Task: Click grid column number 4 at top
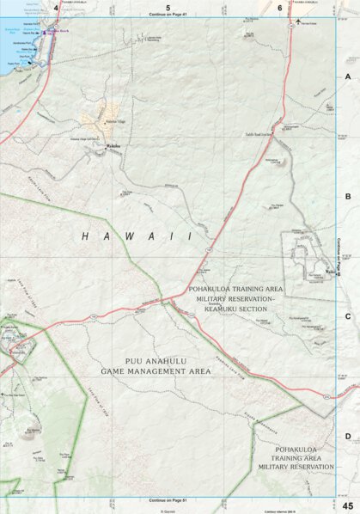click(x=57, y=7)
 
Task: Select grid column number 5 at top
click(x=168, y=7)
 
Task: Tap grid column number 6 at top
click(x=280, y=7)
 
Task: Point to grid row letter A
click(x=348, y=76)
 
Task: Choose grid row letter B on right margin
click(x=348, y=197)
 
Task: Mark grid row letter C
click(x=348, y=316)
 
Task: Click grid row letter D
click(x=348, y=436)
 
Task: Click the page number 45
click(x=347, y=505)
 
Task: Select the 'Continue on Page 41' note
click(x=168, y=15)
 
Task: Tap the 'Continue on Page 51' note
click(x=168, y=499)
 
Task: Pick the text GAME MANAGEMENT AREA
click(x=155, y=371)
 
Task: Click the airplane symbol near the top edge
click(x=297, y=21)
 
